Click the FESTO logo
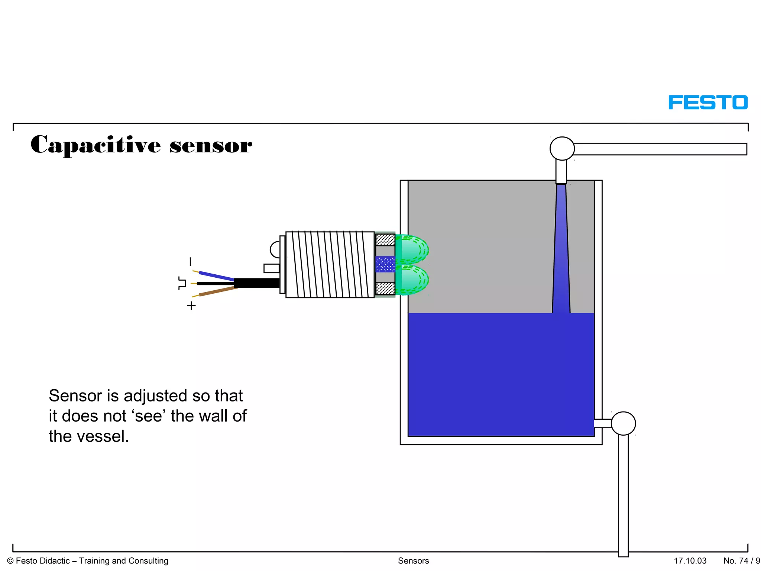[x=708, y=103]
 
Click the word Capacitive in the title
[x=95, y=145]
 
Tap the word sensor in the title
[x=211, y=146]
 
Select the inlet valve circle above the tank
[x=562, y=149]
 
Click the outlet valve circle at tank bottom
[x=623, y=423]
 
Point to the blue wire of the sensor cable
[x=216, y=276]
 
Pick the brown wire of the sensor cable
[x=217, y=291]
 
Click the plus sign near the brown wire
[x=191, y=306]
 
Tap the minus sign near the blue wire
[x=191, y=262]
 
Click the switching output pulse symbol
[x=182, y=283]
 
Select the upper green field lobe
[x=412, y=249]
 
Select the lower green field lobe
[x=412, y=280]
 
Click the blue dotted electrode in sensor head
[x=385, y=264]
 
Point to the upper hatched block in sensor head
[x=385, y=240]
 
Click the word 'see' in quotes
[x=149, y=416]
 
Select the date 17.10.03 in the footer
[x=690, y=561]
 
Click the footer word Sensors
[x=413, y=561]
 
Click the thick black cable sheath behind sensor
[x=256, y=283]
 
